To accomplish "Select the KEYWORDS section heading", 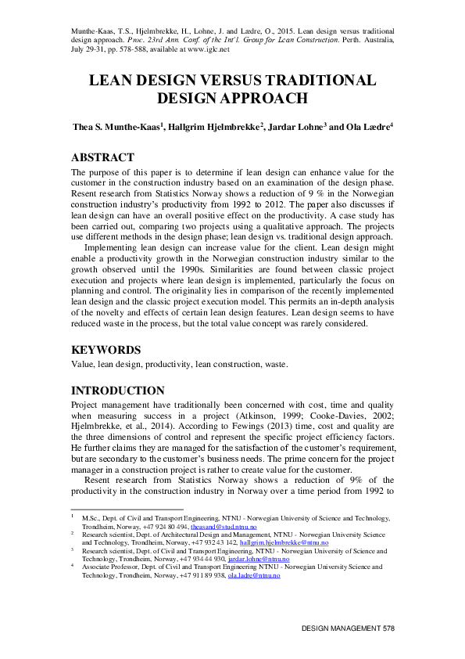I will pyautogui.click(x=106, y=350).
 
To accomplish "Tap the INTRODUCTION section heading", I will pyautogui.click(x=118, y=391).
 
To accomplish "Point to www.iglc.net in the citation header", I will pyautogui.click(x=204, y=49).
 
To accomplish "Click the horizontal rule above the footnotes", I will pyautogui.click(x=127, y=510).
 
